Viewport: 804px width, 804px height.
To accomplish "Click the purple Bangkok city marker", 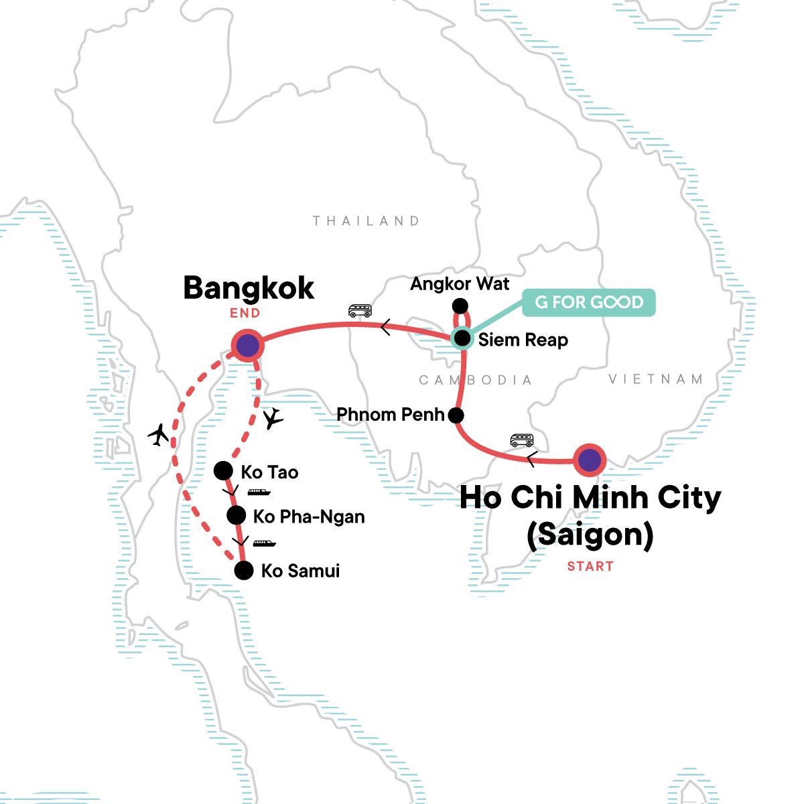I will [x=247, y=346].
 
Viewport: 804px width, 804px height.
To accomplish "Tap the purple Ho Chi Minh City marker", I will [x=590, y=460].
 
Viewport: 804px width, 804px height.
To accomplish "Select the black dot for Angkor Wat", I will [x=460, y=306].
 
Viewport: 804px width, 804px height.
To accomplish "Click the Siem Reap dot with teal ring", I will [x=462, y=338].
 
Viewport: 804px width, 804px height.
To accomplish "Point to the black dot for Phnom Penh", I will [x=456, y=415].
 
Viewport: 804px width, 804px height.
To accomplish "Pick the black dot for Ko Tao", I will [x=223, y=471].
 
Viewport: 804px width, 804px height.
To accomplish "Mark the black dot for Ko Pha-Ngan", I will [x=236, y=515].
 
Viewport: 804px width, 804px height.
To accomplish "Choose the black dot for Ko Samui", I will [x=244, y=571].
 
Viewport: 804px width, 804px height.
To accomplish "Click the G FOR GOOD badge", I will [x=589, y=302].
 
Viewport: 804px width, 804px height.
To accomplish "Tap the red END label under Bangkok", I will [x=245, y=313].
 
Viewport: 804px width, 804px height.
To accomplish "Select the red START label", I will [x=590, y=566].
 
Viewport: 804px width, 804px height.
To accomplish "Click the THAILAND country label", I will [x=366, y=221].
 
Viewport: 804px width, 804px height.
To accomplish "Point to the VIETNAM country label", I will [x=656, y=379].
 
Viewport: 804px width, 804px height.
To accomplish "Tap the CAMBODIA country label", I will [x=475, y=381].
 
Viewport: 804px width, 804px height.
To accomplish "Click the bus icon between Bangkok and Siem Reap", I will [x=360, y=310].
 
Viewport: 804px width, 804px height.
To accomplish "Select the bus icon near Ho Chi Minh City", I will [x=522, y=440].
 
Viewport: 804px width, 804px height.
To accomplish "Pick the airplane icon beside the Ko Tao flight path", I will [x=273, y=419].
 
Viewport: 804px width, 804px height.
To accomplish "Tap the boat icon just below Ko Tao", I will [x=259, y=492].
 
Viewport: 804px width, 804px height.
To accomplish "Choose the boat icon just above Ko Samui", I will [x=264, y=543].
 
